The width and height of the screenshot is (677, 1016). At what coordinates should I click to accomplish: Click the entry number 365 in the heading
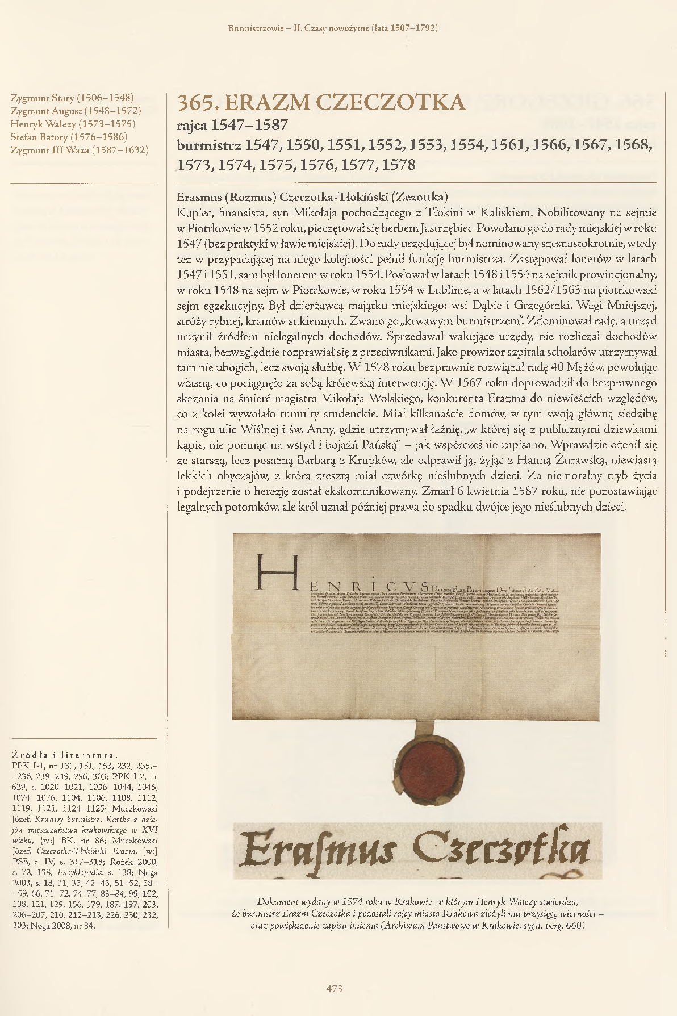pyautogui.click(x=196, y=103)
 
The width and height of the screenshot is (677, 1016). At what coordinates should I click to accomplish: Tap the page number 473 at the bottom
pyautogui.click(x=335, y=989)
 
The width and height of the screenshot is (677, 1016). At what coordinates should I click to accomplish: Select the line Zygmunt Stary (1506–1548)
pyautogui.click(x=72, y=98)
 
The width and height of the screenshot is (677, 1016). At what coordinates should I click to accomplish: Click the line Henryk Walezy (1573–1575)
pyautogui.click(x=73, y=124)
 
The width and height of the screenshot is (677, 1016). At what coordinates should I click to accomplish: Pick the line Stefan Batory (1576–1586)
pyautogui.click(x=69, y=137)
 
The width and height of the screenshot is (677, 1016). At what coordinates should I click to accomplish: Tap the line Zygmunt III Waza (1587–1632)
pyautogui.click(x=80, y=150)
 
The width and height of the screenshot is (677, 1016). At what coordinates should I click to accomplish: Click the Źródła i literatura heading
pyautogui.click(x=64, y=755)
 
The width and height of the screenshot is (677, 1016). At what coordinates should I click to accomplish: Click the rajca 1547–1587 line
pyautogui.click(x=233, y=126)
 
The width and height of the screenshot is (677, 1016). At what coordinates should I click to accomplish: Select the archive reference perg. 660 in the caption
pyautogui.click(x=562, y=926)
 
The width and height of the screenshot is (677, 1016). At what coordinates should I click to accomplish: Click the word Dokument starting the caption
pyautogui.click(x=278, y=901)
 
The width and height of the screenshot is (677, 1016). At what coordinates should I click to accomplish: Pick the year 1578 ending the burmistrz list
pyautogui.click(x=399, y=165)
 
